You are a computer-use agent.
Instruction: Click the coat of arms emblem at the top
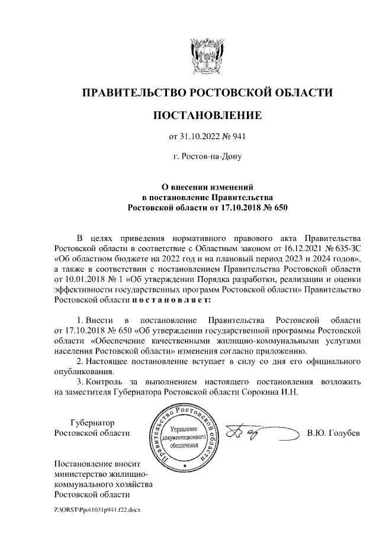207,54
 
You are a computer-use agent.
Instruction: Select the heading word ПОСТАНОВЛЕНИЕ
207,115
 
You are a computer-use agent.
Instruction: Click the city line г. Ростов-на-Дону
207,158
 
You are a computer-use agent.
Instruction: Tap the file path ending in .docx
97,509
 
